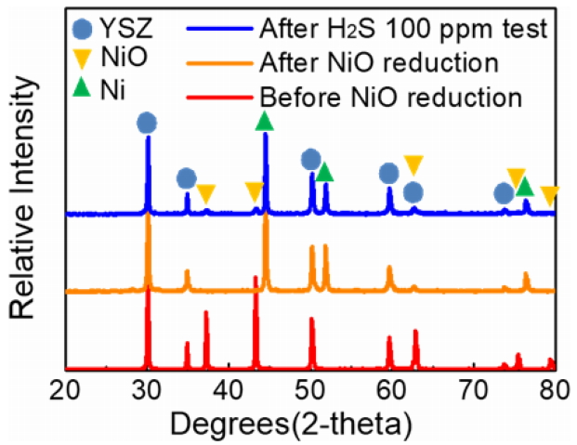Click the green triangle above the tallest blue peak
pos(265,121)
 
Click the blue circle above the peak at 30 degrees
pos(147,123)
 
